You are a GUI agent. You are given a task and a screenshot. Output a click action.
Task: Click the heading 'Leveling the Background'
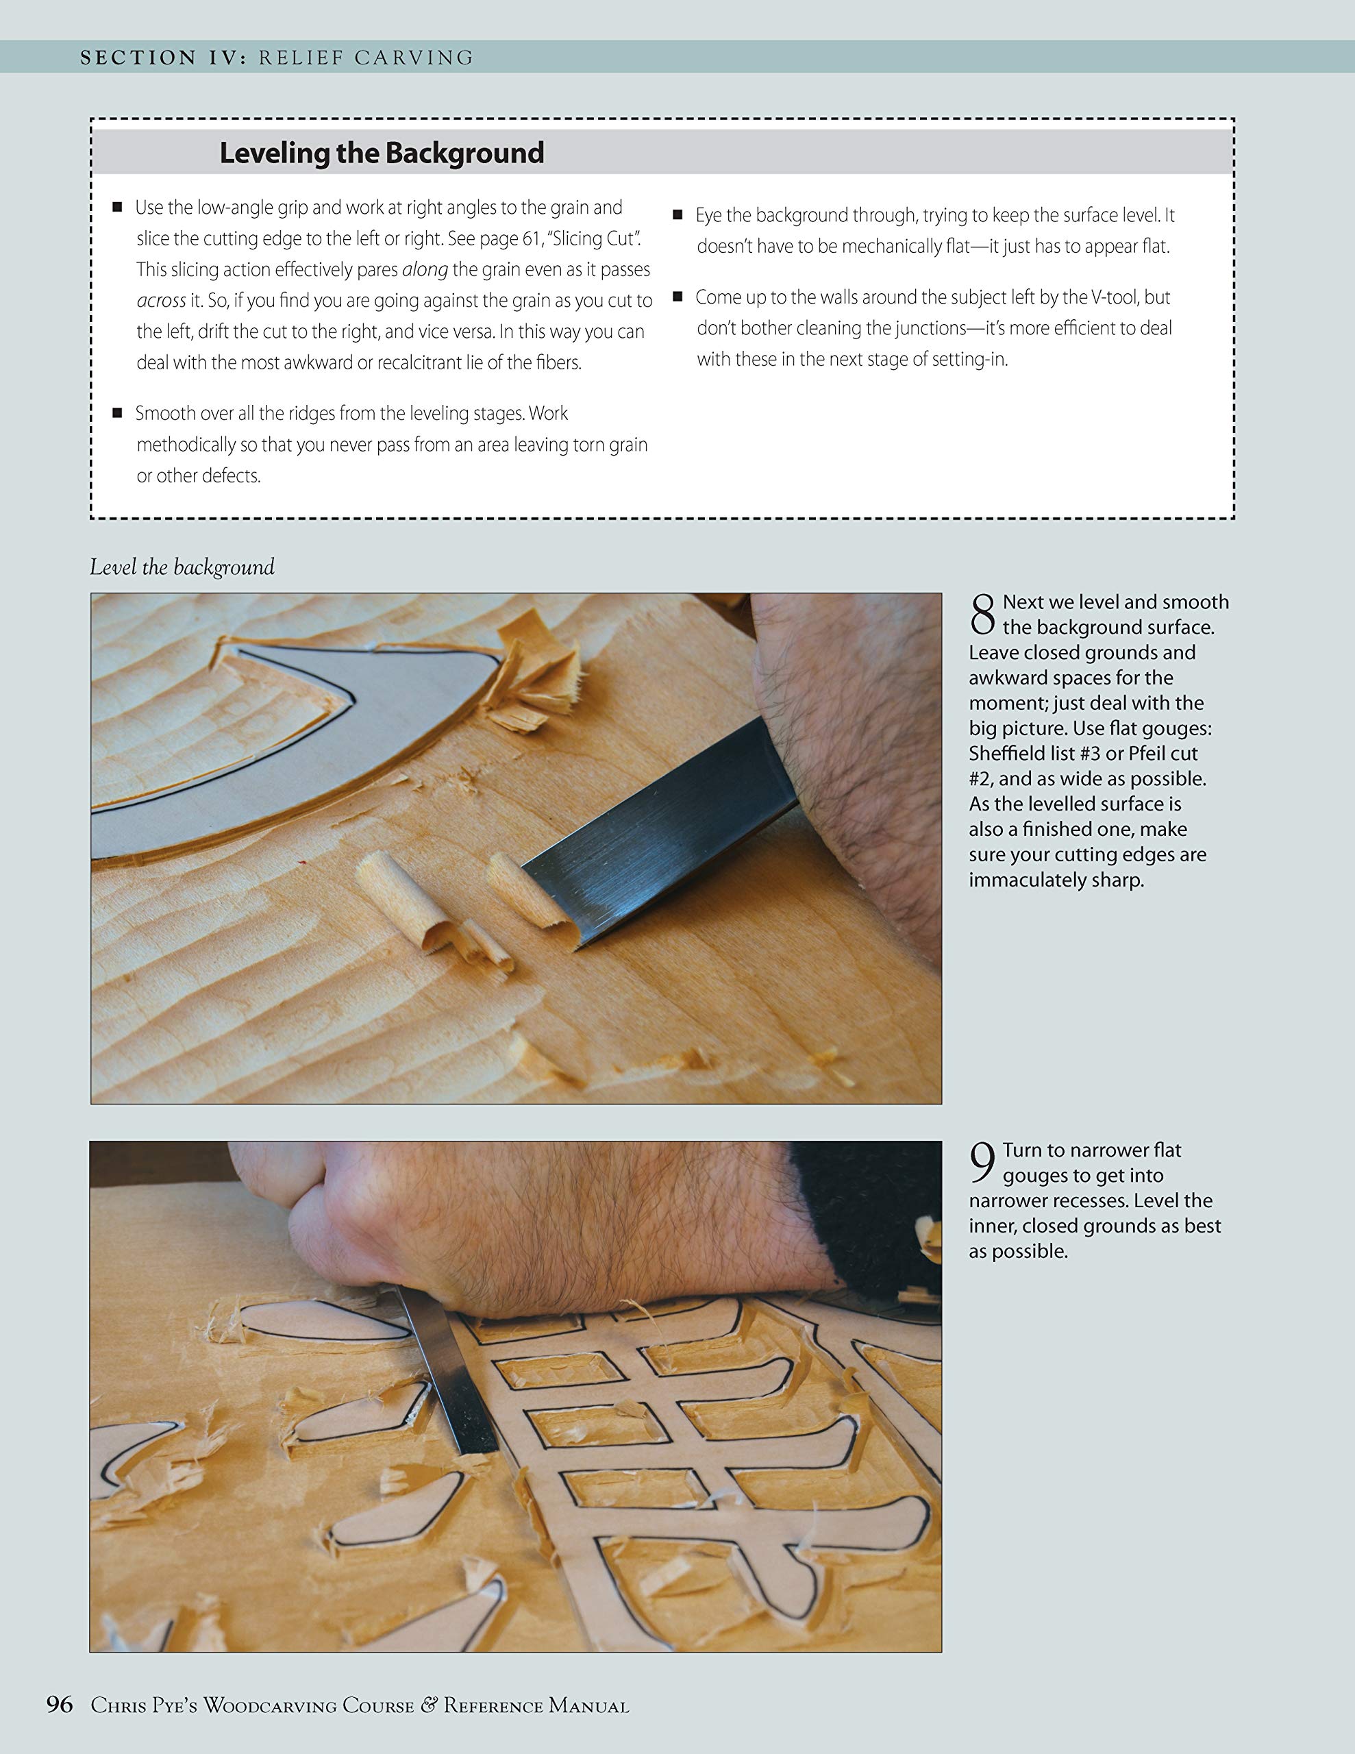[382, 153]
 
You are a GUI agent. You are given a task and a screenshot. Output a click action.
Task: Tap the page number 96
[60, 1704]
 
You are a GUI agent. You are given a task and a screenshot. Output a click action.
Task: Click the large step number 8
[982, 615]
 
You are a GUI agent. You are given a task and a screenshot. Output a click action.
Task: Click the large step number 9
[982, 1163]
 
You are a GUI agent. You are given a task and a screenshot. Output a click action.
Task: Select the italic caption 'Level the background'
[182, 567]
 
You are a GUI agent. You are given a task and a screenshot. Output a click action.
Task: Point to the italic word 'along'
[425, 270]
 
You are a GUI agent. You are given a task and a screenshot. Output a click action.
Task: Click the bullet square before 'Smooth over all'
[117, 412]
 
